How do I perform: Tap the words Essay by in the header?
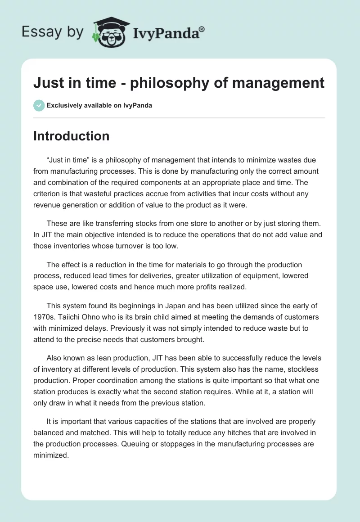point(52,32)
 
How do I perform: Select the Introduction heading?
point(71,136)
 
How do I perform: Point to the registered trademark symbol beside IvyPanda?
point(202,29)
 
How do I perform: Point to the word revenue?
point(46,205)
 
